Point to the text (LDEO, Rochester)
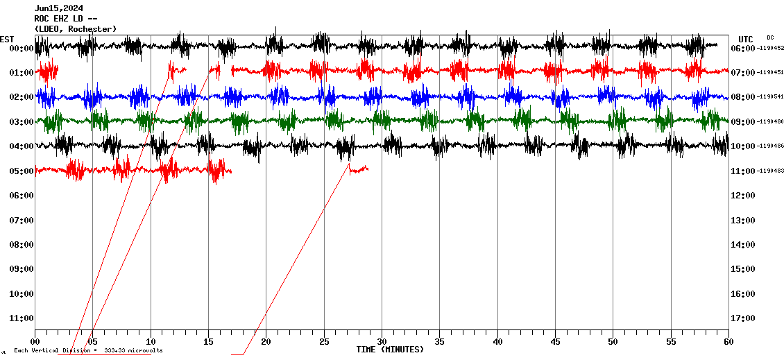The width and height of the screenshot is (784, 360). pos(76,28)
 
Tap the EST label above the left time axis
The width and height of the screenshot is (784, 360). pos(7,39)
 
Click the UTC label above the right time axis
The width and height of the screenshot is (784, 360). pos(746,39)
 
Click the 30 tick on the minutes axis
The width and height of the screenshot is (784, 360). pos(382,341)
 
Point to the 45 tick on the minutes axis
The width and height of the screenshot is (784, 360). pos(555,341)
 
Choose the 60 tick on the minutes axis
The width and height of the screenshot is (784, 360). pos(728,341)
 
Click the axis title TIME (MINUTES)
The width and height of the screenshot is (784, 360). pos(390,350)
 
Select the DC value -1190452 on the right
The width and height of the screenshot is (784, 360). pos(771,49)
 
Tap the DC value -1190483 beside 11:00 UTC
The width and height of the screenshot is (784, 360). pos(771,171)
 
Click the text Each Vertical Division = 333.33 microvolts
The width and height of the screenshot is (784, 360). pos(88,351)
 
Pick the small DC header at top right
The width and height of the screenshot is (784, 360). pos(770,37)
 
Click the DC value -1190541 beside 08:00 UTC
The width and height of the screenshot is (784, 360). pos(771,97)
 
